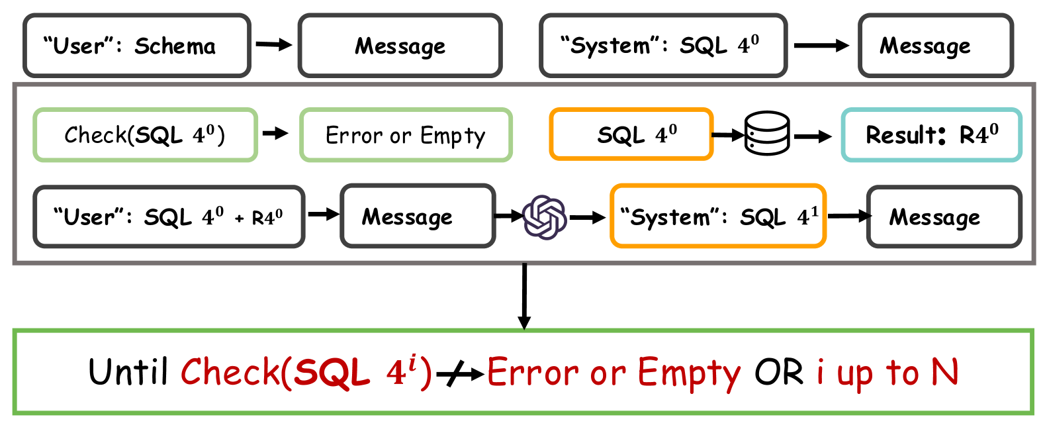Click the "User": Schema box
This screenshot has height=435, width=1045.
coord(137,46)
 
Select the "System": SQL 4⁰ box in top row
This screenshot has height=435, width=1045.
coord(663,46)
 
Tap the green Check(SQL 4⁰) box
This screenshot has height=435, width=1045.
coord(145,135)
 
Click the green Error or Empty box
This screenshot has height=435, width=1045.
coord(406,135)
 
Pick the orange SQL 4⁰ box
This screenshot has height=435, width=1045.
coord(631,135)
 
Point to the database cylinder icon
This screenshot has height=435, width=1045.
coord(767,133)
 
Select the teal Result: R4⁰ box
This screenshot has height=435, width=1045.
coord(931,135)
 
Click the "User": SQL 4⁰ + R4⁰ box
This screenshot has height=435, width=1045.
coord(169,217)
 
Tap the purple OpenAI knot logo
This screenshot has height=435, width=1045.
coord(545,217)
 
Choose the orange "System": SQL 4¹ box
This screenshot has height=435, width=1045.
coord(718,217)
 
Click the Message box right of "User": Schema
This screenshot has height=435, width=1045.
coord(400,46)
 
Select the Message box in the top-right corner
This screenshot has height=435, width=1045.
coord(936,46)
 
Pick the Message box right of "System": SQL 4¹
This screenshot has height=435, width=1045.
coord(944,217)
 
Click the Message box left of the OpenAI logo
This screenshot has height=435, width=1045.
coord(418,217)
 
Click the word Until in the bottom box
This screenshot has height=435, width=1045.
coord(128,372)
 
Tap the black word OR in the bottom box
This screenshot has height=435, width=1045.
coord(779,372)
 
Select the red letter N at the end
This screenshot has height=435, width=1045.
coord(944,372)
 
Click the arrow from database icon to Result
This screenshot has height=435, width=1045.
coord(813,136)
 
